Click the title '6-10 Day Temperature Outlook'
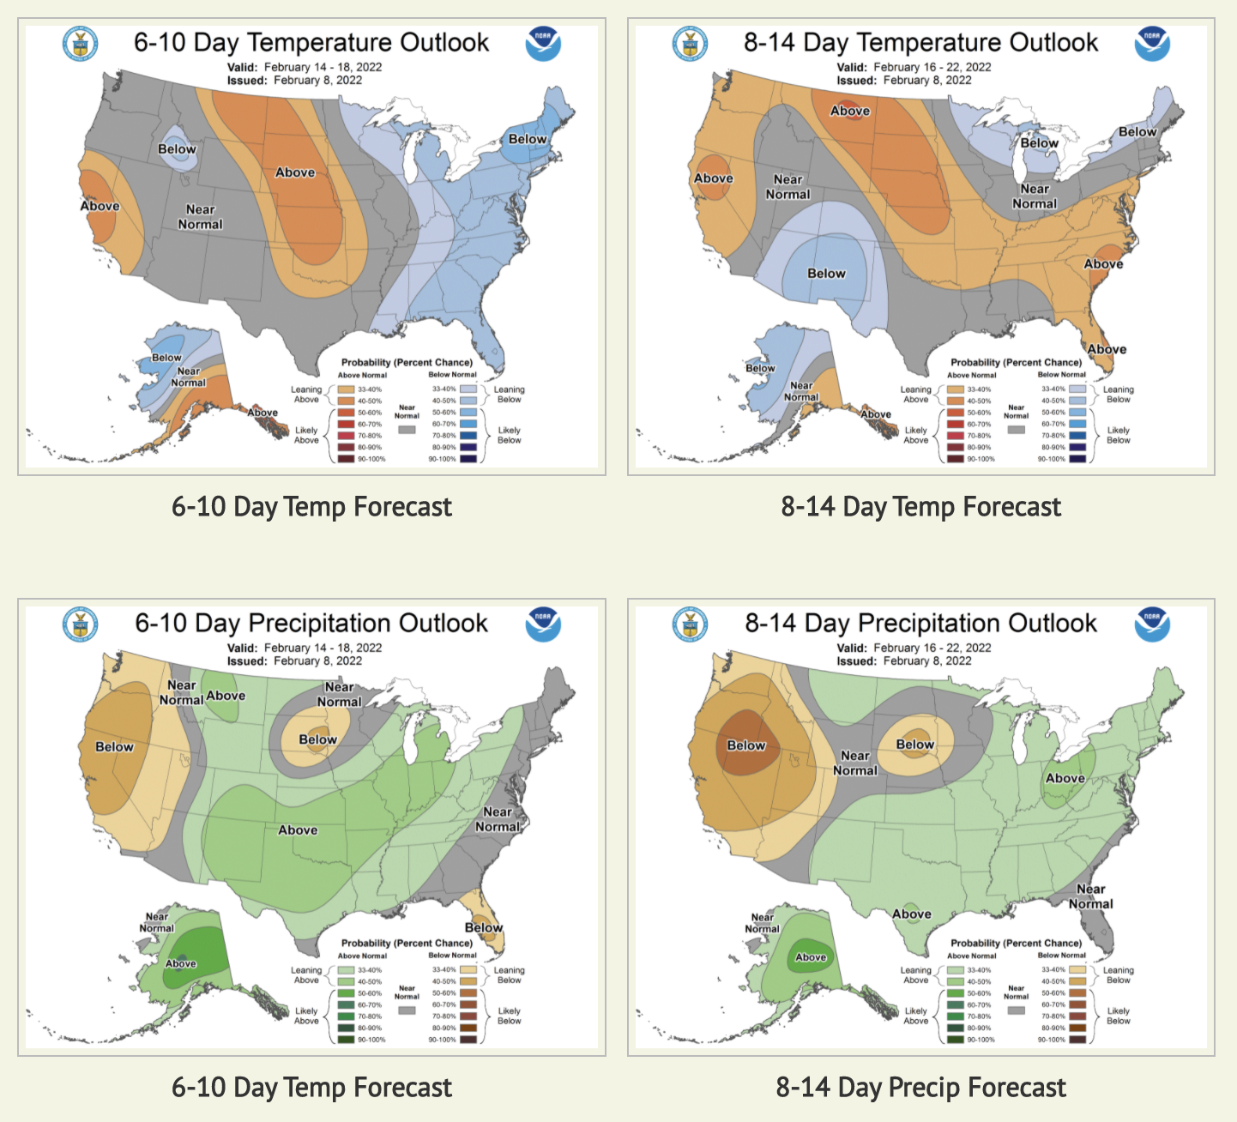[x=311, y=42]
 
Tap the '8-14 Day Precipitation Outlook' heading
[x=920, y=623]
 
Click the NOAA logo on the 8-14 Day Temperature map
[x=1151, y=44]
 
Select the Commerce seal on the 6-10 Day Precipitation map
[x=80, y=624]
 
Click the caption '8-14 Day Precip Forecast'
[x=920, y=1088]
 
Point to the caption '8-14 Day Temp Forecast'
[x=920, y=507]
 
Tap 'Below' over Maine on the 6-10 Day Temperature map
[x=528, y=139]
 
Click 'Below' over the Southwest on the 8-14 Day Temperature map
[x=826, y=274]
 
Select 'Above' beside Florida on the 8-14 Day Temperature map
[x=1107, y=349]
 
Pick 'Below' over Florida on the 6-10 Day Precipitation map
[x=484, y=927]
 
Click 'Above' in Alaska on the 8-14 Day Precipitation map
[x=811, y=957]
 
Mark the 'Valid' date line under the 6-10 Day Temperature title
[x=305, y=67]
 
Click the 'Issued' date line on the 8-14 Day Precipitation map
[x=904, y=661]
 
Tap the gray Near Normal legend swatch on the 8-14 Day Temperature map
[x=1016, y=429]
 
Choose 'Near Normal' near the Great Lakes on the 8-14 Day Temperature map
[x=1035, y=196]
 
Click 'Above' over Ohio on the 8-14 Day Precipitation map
[x=1065, y=778]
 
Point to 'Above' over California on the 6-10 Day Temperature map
[x=100, y=206]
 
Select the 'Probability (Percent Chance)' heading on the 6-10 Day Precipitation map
[x=407, y=943]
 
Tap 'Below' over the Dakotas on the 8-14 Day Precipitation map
[x=915, y=745]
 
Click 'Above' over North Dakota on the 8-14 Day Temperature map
[x=849, y=111]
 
